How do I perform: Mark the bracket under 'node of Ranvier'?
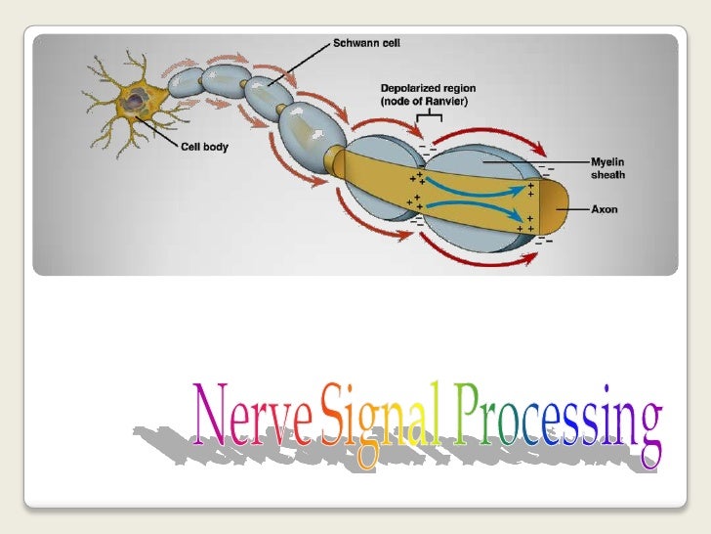point(429,120)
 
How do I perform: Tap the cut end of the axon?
point(554,208)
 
